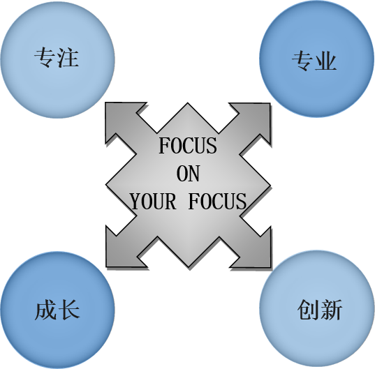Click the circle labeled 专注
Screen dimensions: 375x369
(57, 60)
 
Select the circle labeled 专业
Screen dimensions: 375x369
(316, 59)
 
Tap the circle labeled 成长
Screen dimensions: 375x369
(57, 310)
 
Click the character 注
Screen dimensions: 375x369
(68, 57)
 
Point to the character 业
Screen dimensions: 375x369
(325, 61)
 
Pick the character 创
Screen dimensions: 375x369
(308, 310)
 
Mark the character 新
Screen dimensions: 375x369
(331, 310)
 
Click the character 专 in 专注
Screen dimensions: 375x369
(45, 57)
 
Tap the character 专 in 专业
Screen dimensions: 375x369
(302, 61)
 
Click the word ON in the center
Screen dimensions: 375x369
(188, 174)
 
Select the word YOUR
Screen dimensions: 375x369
(154, 202)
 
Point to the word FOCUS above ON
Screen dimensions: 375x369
(188, 146)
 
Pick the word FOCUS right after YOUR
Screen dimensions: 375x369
(217, 202)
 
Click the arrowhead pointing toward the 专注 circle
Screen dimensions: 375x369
(122, 119)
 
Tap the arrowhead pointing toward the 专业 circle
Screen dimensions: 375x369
(254, 119)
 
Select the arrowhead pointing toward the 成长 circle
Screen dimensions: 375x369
(122, 251)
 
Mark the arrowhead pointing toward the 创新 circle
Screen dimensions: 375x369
(254, 251)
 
